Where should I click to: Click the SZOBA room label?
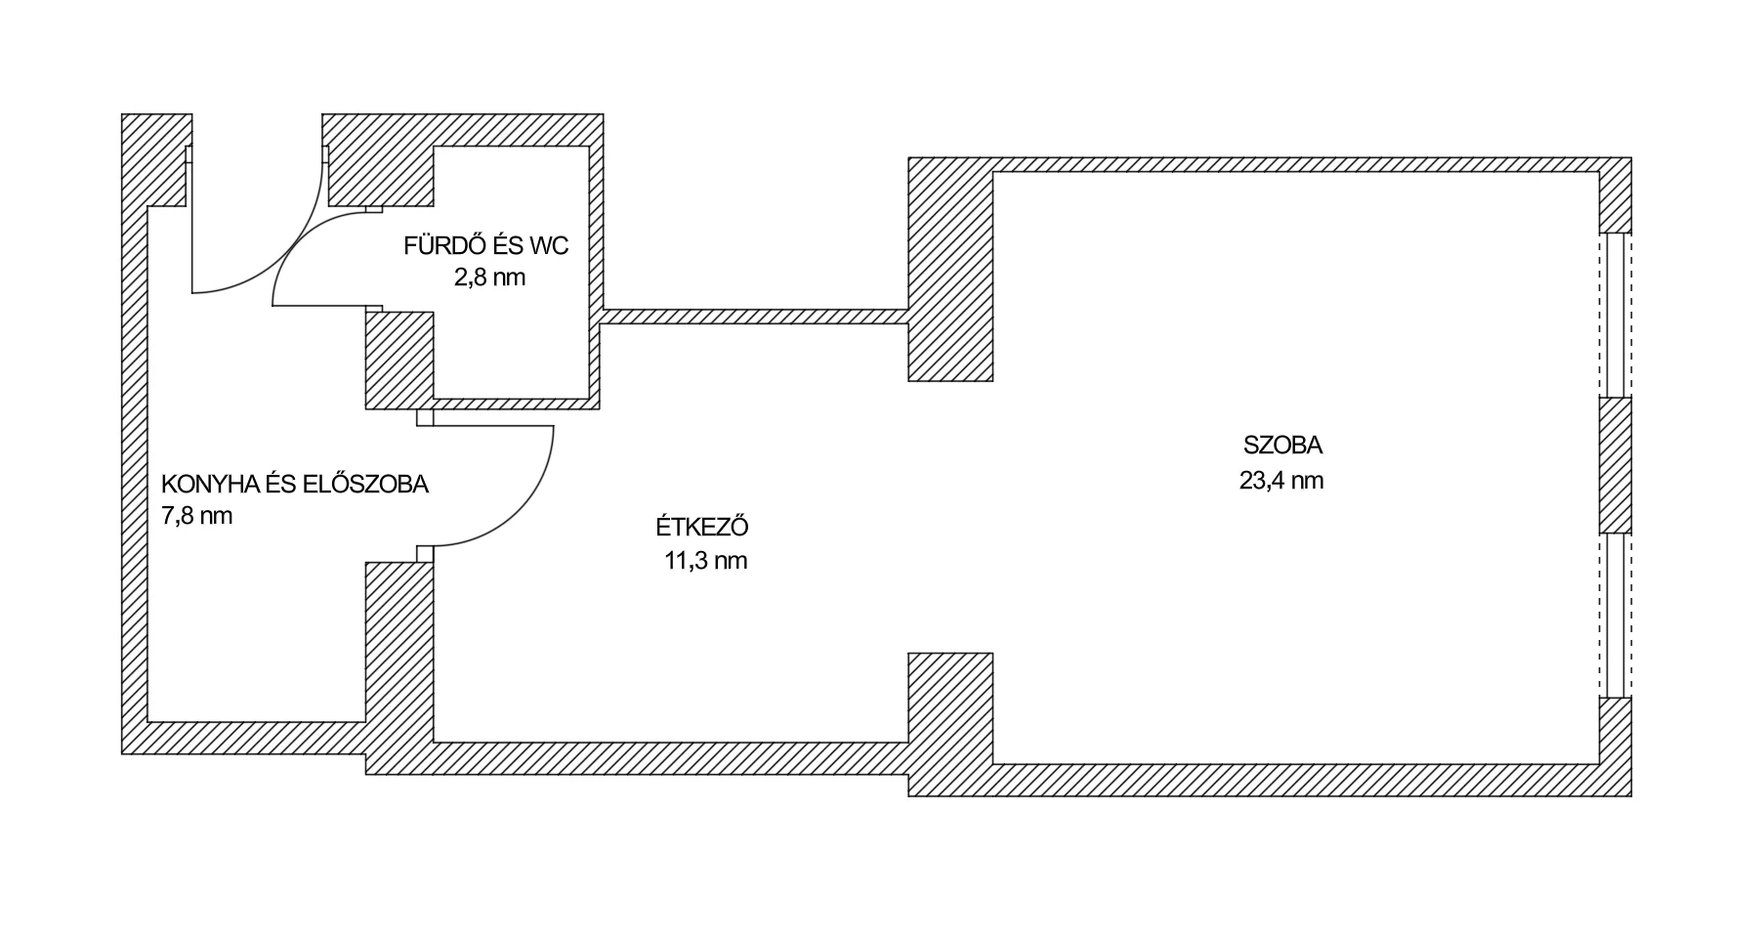click(x=1282, y=446)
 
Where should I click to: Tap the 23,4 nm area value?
click(x=1281, y=481)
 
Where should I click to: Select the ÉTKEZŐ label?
click(x=702, y=527)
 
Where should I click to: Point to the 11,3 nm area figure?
click(x=706, y=562)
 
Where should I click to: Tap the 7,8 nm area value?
click(x=196, y=516)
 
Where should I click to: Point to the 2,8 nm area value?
click(x=489, y=277)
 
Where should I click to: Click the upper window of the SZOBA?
click(x=1615, y=315)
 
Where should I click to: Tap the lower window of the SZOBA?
click(x=1615, y=615)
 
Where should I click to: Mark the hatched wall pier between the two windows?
click(x=1615, y=465)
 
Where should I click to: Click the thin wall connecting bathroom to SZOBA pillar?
click(x=754, y=317)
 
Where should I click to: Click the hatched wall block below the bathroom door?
click(x=399, y=360)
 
